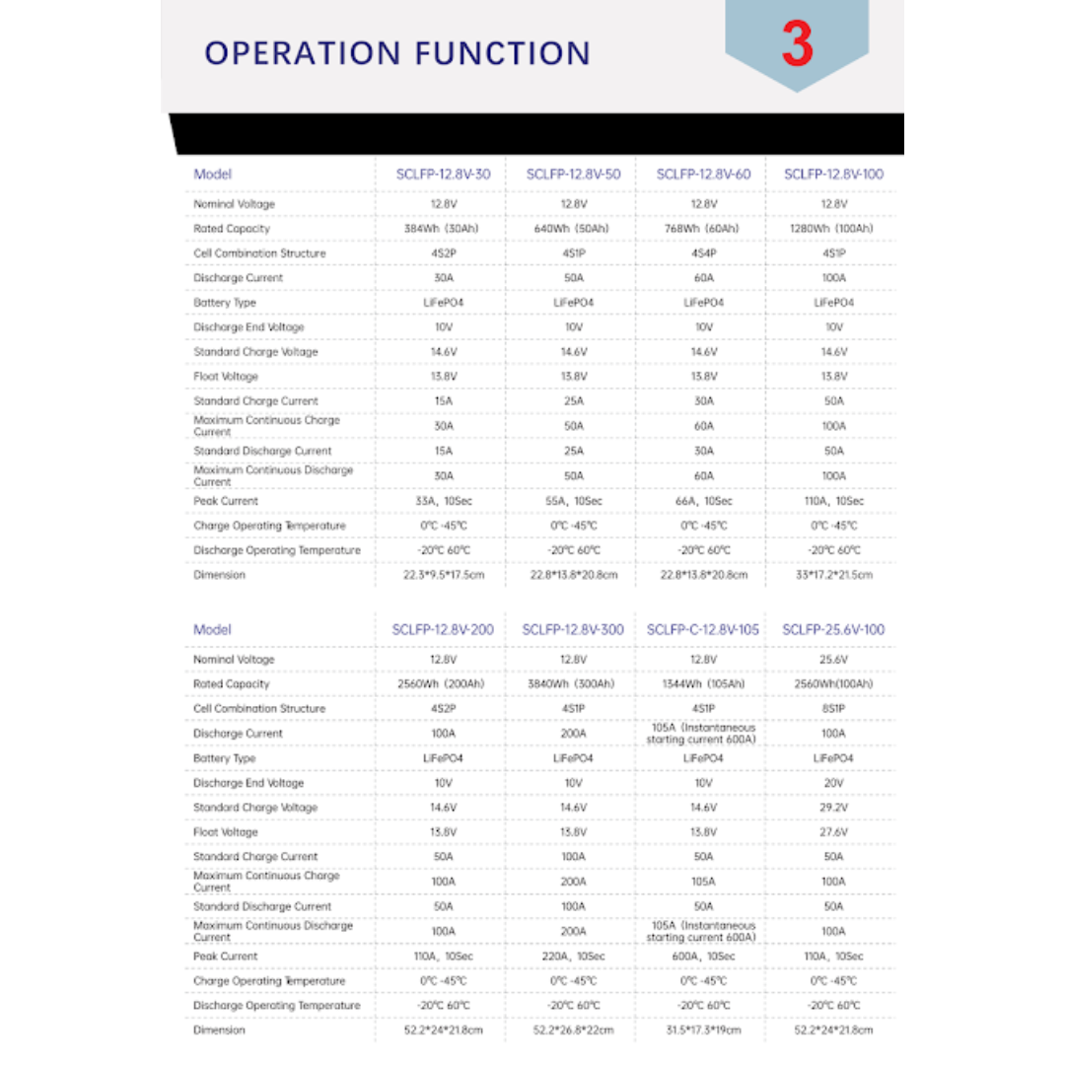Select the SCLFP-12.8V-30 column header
[x=443, y=175]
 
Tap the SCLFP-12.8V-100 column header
[x=833, y=175]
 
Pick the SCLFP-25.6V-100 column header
[x=833, y=630]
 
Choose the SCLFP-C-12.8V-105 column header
[x=702, y=630]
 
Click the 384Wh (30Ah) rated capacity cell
[x=443, y=229]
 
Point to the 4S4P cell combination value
[x=703, y=253]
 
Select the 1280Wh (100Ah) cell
[x=833, y=229]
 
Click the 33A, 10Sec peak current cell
[x=443, y=501]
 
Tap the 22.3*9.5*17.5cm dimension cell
[x=443, y=575]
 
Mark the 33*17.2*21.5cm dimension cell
[x=833, y=575]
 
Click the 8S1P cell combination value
[x=833, y=709]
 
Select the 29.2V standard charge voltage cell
[x=833, y=808]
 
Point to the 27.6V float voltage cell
[x=833, y=832]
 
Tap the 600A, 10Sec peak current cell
[x=703, y=957]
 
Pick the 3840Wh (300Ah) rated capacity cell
[x=573, y=684]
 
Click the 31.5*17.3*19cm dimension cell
[x=703, y=1030]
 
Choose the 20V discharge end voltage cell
[x=833, y=783]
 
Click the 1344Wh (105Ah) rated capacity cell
[x=703, y=684]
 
